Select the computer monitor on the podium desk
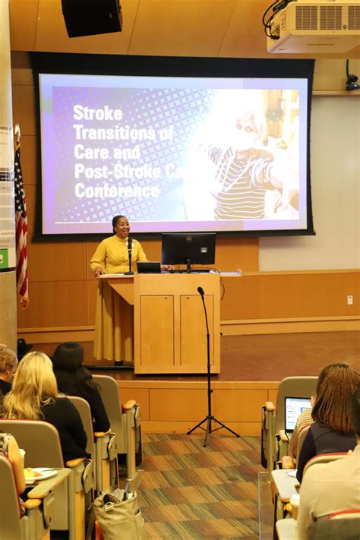pyautogui.click(x=188, y=248)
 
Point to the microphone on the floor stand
pyautogui.click(x=201, y=291)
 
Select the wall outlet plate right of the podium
pyautogui.click(x=349, y=300)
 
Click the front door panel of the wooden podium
pyautogui.click(x=157, y=330)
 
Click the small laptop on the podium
pyautogui.click(x=149, y=267)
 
